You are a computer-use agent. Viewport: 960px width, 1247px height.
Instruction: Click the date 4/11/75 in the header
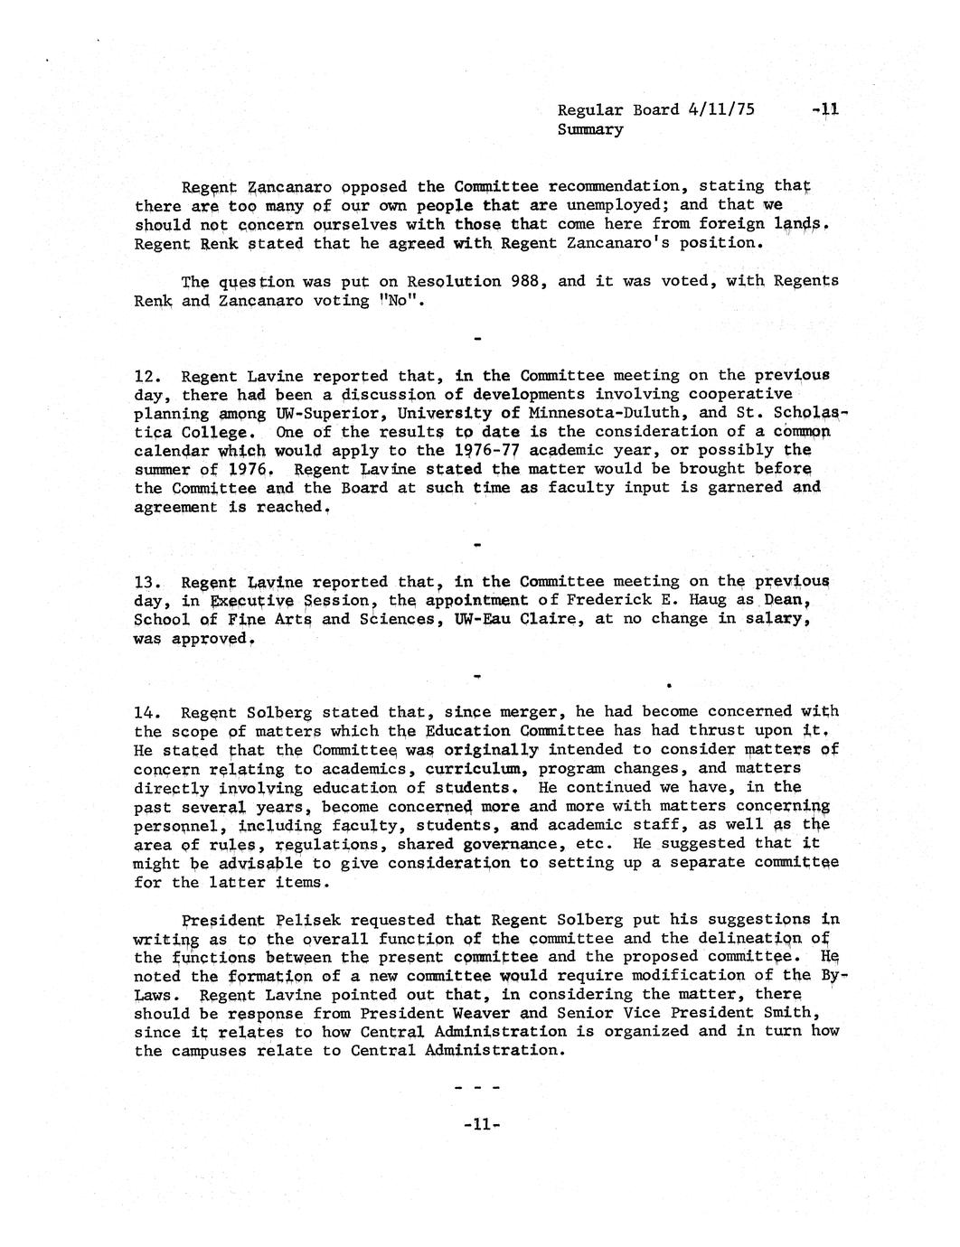[x=720, y=110]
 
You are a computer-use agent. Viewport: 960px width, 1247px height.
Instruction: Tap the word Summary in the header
[x=590, y=129]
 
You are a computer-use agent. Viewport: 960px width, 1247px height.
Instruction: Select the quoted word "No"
[x=404, y=300]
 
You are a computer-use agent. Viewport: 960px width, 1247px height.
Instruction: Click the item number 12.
[x=147, y=376]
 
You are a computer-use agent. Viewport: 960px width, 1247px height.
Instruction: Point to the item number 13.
[x=147, y=582]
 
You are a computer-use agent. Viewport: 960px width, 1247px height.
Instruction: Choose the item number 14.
[x=147, y=712]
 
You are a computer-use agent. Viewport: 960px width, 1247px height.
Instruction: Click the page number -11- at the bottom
[x=480, y=1125]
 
